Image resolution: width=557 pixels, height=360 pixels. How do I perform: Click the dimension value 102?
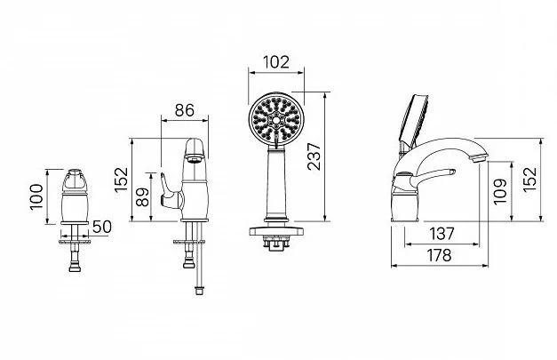pos(276,62)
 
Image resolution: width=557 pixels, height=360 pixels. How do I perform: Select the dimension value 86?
pos(185,110)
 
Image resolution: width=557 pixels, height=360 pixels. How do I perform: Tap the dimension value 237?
pos(314,156)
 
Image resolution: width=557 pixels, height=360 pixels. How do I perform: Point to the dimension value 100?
pos(36,196)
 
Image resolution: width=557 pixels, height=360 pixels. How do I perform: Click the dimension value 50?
pos(102,227)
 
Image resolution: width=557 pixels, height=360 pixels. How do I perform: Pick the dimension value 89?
pos(143,196)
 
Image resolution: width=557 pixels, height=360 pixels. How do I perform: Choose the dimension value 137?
pos(442,234)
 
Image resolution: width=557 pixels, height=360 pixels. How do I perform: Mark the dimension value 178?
pos(439,255)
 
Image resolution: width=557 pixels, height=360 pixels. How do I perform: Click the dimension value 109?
pos(500,191)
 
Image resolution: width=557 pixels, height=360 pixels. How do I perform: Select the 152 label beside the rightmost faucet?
pos(529,180)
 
